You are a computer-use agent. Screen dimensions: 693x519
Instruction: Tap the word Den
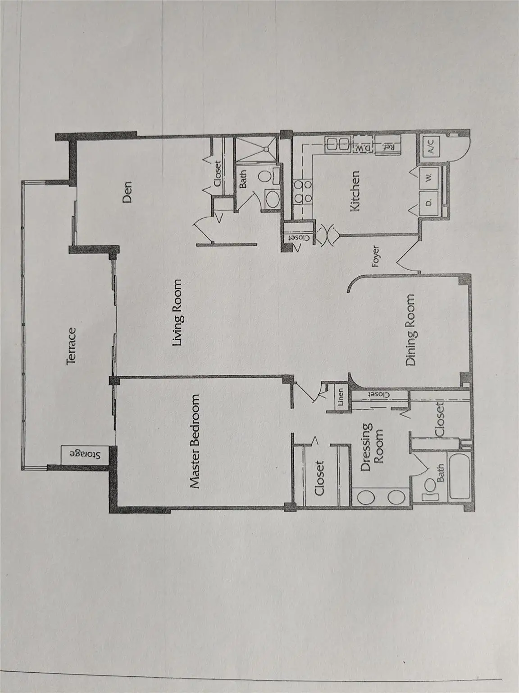pos(127,191)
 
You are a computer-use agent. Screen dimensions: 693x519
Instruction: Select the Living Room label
pos(178,313)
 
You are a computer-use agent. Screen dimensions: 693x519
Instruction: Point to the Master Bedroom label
pos(195,442)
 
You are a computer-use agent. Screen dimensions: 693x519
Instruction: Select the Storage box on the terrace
pos(83,454)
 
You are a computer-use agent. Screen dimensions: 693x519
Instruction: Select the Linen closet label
pos(340,397)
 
